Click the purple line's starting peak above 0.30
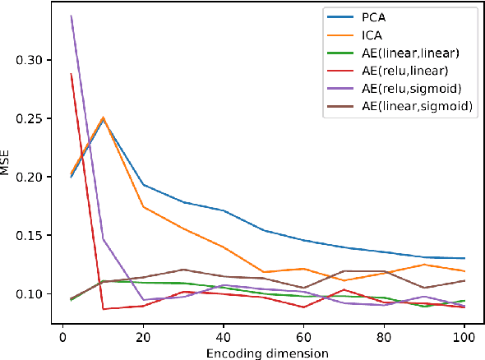coord(71,16)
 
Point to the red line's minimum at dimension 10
coord(103,309)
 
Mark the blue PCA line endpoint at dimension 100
coord(464,258)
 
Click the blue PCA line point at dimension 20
coord(143,185)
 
